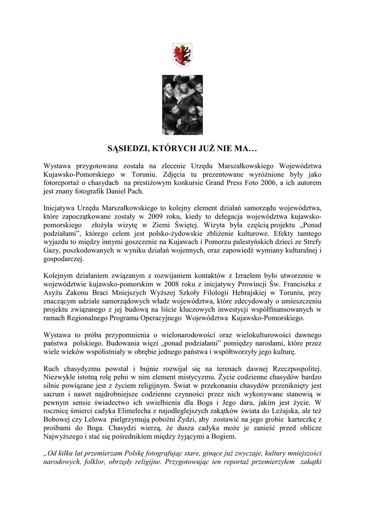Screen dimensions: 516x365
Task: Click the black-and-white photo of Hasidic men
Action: [182, 104]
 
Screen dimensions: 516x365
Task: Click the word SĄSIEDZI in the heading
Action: [129, 149]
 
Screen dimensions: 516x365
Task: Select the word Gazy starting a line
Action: [52, 250]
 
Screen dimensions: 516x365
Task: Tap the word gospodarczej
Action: [64, 259]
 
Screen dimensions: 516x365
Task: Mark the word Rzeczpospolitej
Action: [290, 369]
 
